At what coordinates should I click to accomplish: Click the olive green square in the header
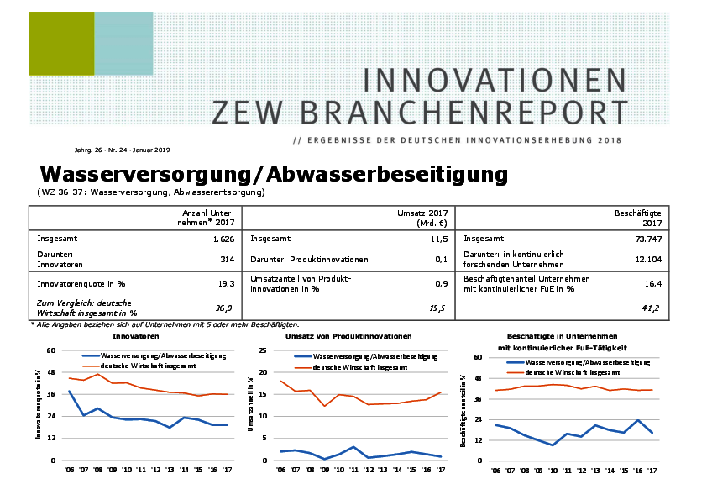coord(61,44)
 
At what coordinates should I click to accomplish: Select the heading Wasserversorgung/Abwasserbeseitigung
coord(274,174)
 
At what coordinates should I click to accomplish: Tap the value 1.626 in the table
coord(223,239)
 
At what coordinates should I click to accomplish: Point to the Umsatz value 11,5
coord(437,239)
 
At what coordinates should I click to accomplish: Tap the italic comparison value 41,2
coord(650,308)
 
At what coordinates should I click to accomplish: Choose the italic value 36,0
coord(225,308)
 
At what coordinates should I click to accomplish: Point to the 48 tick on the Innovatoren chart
coord(51,372)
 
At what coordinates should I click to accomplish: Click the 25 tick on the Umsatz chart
coord(263,350)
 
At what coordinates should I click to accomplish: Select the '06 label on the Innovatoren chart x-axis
coord(69,470)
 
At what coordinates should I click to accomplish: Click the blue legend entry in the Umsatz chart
coord(348,357)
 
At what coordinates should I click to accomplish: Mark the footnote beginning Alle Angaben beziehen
coord(165,324)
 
